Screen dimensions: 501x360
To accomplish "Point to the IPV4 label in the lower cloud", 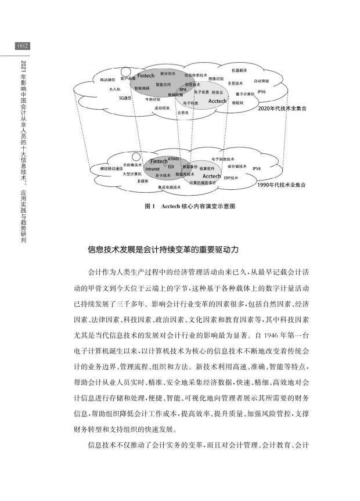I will pos(257,168).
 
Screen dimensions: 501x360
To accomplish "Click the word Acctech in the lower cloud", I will pos(211,175).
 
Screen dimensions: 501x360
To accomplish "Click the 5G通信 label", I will pos(125,98).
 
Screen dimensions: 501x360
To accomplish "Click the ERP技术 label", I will pos(232,178).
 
